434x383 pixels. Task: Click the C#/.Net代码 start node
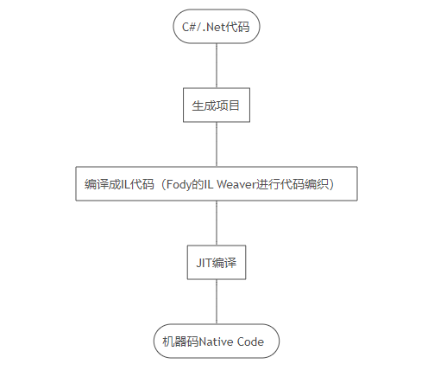click(x=216, y=27)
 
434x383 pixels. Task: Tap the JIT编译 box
click(x=216, y=262)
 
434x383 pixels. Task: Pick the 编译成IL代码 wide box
click(x=216, y=184)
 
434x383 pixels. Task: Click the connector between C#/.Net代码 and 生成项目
click(x=216, y=65)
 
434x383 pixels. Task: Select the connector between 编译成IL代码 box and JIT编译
click(x=216, y=223)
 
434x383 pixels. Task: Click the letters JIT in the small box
click(x=203, y=262)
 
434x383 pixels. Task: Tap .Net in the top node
click(x=212, y=27)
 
